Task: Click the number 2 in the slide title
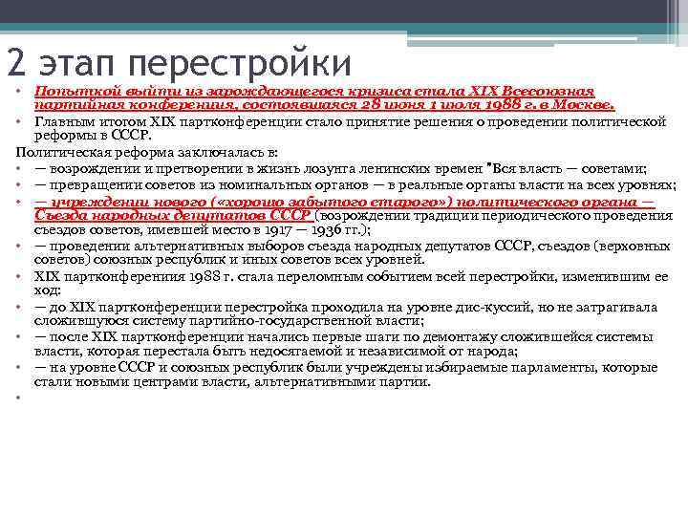pos(16,63)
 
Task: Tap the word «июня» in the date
pos(374,104)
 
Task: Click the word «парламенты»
pos(532,368)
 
